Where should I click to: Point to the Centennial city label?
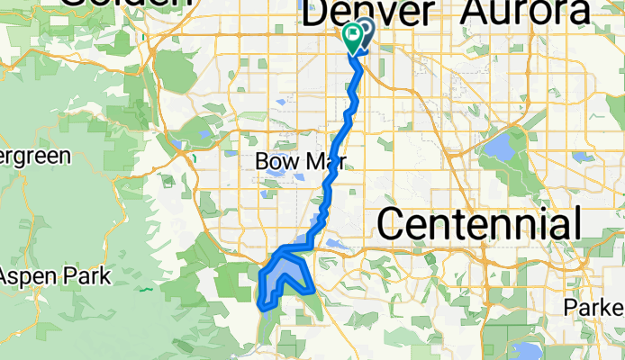tap(479, 222)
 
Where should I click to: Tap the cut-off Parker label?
tap(594, 307)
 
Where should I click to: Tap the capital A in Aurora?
tap(476, 12)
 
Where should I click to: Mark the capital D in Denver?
tap(320, 13)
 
